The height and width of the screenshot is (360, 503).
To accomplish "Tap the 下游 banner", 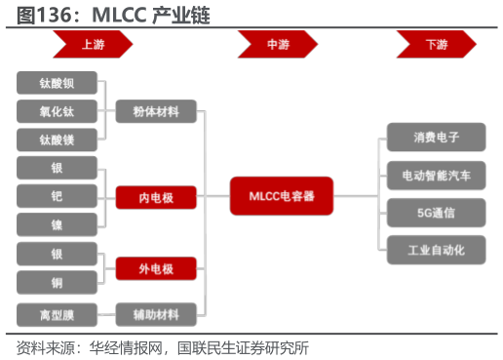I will click(436, 44).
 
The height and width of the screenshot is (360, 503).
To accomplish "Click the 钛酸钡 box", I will click(58, 83).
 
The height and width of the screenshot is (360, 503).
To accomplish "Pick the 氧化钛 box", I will click(58, 111).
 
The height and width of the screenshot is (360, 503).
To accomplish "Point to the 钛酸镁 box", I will click(58, 140).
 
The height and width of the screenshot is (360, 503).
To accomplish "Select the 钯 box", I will click(58, 196).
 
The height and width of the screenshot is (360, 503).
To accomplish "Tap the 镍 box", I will click(58, 224).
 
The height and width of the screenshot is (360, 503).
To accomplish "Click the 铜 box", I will click(58, 283).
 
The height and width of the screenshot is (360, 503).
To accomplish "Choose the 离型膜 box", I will click(58, 315).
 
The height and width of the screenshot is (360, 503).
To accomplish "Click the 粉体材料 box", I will click(156, 111).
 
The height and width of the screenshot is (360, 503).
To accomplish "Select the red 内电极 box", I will click(156, 198).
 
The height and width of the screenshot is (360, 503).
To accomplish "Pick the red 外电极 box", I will click(156, 267).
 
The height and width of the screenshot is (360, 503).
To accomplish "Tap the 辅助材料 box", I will click(156, 315).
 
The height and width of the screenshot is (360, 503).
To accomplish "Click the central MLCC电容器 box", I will click(282, 196).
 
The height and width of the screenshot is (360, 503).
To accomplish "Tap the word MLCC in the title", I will click(121, 16).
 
